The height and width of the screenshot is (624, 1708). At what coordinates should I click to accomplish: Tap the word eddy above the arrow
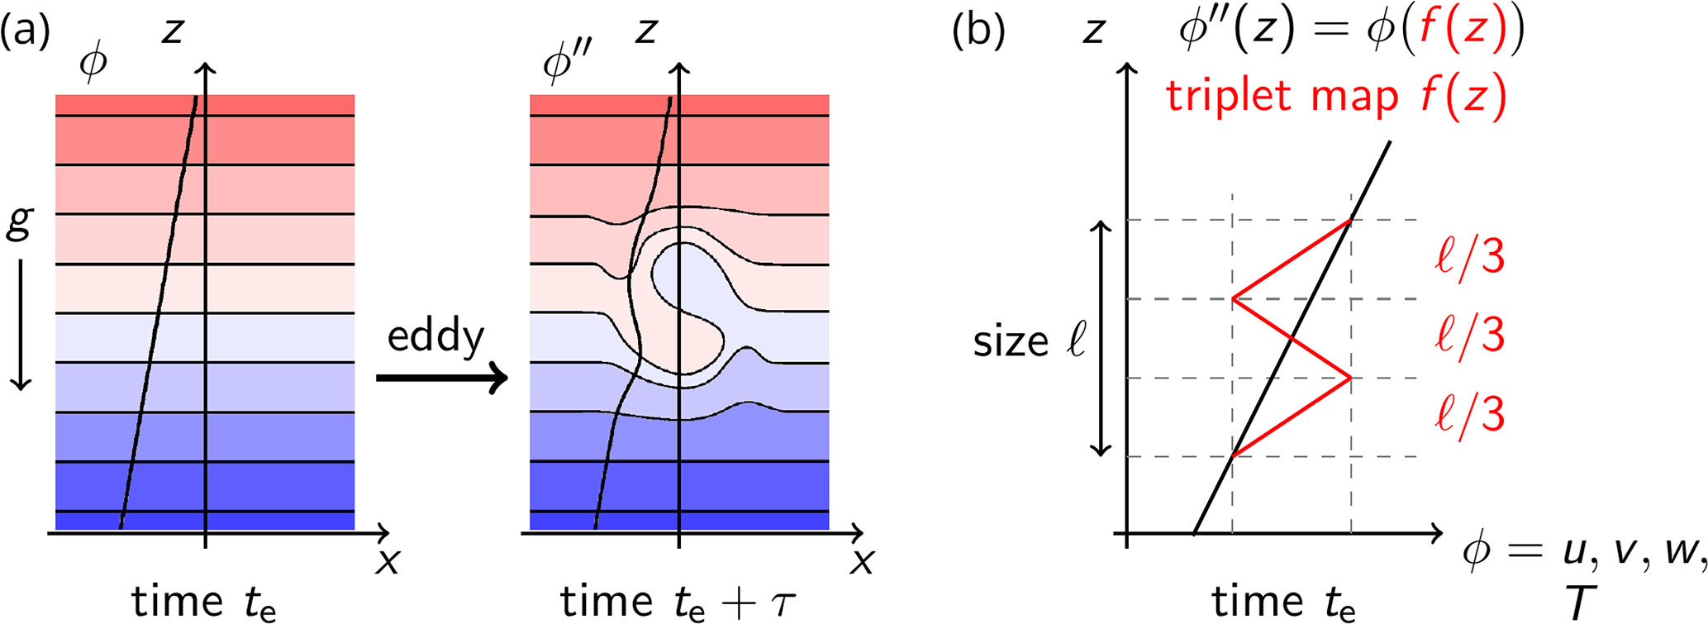(435, 337)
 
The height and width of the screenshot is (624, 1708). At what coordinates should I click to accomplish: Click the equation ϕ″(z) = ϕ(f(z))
(1350, 33)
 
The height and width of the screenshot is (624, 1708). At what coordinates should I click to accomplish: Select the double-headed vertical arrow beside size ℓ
(1100, 338)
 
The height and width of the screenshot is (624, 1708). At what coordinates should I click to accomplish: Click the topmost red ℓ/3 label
(1470, 258)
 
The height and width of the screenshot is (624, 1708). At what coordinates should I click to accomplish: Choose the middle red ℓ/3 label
(1470, 336)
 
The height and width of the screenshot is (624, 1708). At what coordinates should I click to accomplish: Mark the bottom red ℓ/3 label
(1470, 414)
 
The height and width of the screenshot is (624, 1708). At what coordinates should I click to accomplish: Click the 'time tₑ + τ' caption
(678, 602)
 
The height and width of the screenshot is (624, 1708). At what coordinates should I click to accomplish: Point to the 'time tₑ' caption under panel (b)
(1283, 602)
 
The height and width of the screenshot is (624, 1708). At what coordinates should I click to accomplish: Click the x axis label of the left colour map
(387, 562)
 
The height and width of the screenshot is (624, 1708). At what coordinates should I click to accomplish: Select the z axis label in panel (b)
(1094, 32)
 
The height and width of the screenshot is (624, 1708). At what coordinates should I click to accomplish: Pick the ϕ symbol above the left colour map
(93, 63)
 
